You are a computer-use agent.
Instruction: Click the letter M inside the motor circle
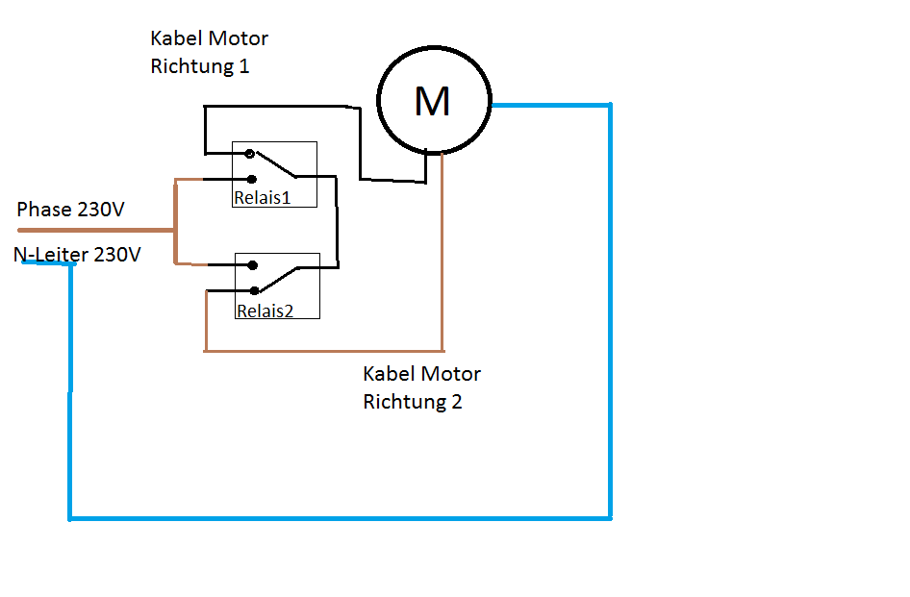click(432, 101)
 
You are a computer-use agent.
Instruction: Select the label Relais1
click(262, 198)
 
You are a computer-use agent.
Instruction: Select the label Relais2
click(265, 311)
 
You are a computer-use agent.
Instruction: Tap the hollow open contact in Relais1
click(250, 154)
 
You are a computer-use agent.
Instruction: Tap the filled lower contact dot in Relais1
click(251, 179)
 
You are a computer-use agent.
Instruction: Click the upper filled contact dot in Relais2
click(252, 265)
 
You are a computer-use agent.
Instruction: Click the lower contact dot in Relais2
click(254, 290)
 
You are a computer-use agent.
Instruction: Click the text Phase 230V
click(70, 210)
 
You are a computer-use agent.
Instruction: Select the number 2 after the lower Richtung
click(456, 402)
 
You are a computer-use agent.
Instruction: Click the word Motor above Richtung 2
click(451, 373)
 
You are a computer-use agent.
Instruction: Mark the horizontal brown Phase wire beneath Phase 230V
click(96, 231)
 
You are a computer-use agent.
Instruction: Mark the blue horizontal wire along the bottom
click(337, 518)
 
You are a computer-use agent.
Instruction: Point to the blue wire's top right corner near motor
click(609, 106)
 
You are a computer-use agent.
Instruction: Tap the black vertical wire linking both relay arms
click(338, 221)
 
